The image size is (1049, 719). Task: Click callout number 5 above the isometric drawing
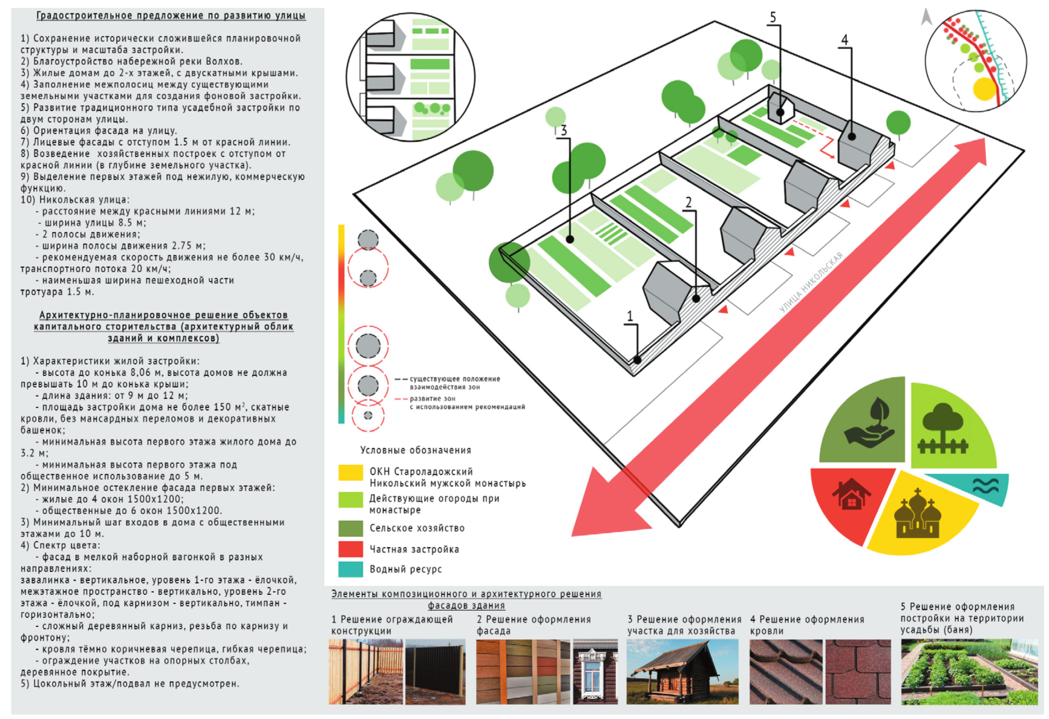[773, 17]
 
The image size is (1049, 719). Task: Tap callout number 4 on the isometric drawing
[845, 40]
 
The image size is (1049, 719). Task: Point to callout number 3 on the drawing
[563, 130]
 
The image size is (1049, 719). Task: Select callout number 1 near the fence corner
[630, 316]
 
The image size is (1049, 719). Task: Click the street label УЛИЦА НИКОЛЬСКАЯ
[811, 283]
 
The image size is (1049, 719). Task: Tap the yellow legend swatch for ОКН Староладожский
[350, 472]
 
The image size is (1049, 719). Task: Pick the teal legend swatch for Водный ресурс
[350, 569]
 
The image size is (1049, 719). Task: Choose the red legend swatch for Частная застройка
[350, 548]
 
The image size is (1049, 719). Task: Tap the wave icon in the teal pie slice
[985, 486]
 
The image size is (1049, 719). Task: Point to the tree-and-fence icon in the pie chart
[943, 429]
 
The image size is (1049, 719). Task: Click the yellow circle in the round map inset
[984, 89]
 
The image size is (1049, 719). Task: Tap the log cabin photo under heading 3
[682, 672]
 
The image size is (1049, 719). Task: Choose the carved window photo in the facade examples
[595, 672]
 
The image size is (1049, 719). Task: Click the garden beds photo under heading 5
[969, 672]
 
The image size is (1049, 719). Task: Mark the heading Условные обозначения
[415, 450]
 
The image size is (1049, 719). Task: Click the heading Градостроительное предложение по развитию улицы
[171, 16]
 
